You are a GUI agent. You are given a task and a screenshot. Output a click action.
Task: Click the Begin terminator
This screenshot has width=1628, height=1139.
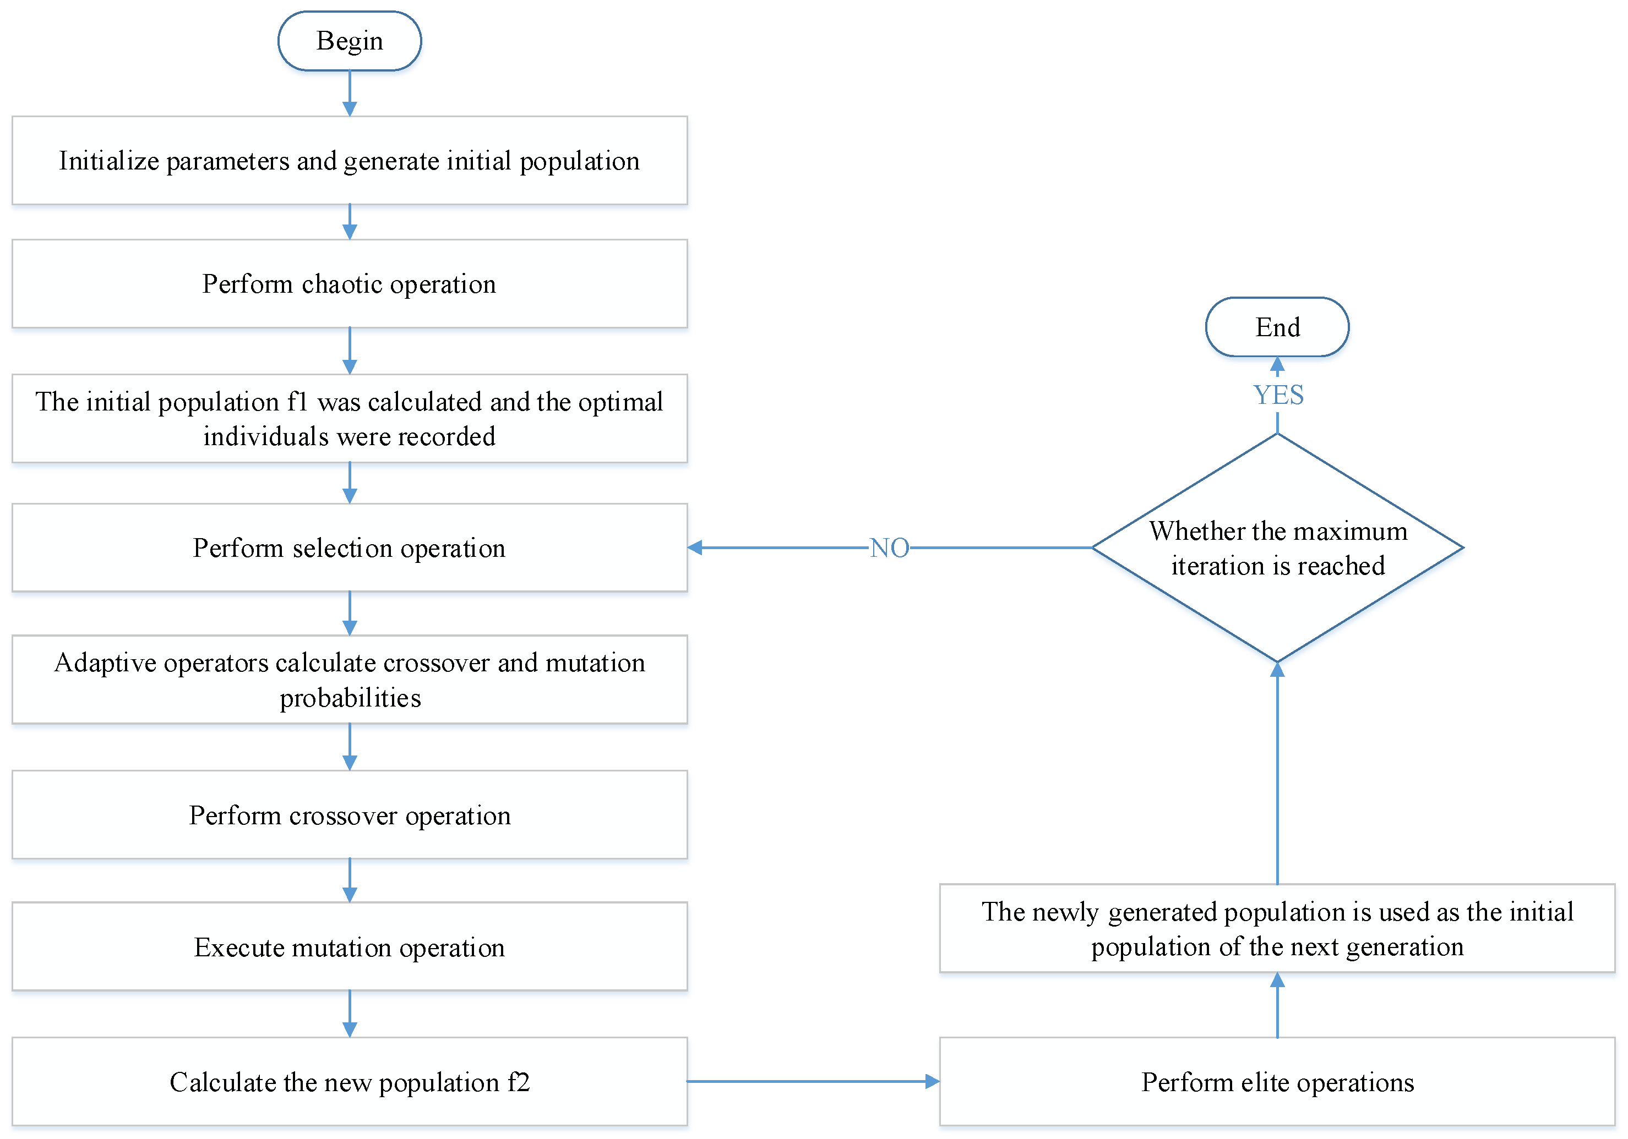(x=350, y=41)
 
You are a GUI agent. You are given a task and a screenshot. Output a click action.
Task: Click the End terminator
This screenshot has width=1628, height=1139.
(x=1277, y=327)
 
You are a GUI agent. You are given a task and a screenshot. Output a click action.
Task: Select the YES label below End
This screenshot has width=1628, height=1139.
(x=1278, y=395)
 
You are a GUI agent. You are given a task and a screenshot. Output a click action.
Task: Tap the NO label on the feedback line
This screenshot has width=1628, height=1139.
(x=889, y=548)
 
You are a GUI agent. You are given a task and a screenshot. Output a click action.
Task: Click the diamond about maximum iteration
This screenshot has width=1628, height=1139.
(x=1277, y=548)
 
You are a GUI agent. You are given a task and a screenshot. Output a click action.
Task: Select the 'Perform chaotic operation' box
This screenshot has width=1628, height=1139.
(x=350, y=283)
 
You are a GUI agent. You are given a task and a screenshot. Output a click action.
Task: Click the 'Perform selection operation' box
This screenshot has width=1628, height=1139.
(x=350, y=548)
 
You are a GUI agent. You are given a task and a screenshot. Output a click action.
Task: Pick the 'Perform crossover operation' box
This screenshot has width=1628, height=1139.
(x=350, y=815)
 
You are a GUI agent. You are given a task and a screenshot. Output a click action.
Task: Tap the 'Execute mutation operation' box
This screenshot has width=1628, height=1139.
(x=350, y=947)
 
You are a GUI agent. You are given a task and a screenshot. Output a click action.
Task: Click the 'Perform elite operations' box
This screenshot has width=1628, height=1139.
(x=1277, y=1082)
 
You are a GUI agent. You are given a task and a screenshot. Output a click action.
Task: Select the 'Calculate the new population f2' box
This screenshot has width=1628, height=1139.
(x=350, y=1082)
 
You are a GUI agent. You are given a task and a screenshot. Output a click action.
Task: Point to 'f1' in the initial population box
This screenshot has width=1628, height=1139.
(x=297, y=402)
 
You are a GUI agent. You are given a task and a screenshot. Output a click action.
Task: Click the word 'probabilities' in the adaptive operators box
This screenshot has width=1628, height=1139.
(x=350, y=698)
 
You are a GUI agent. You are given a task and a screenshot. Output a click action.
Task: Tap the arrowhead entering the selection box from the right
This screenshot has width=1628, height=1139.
(x=695, y=548)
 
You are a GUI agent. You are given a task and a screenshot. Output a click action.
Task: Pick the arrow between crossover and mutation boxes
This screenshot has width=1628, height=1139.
(x=350, y=880)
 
